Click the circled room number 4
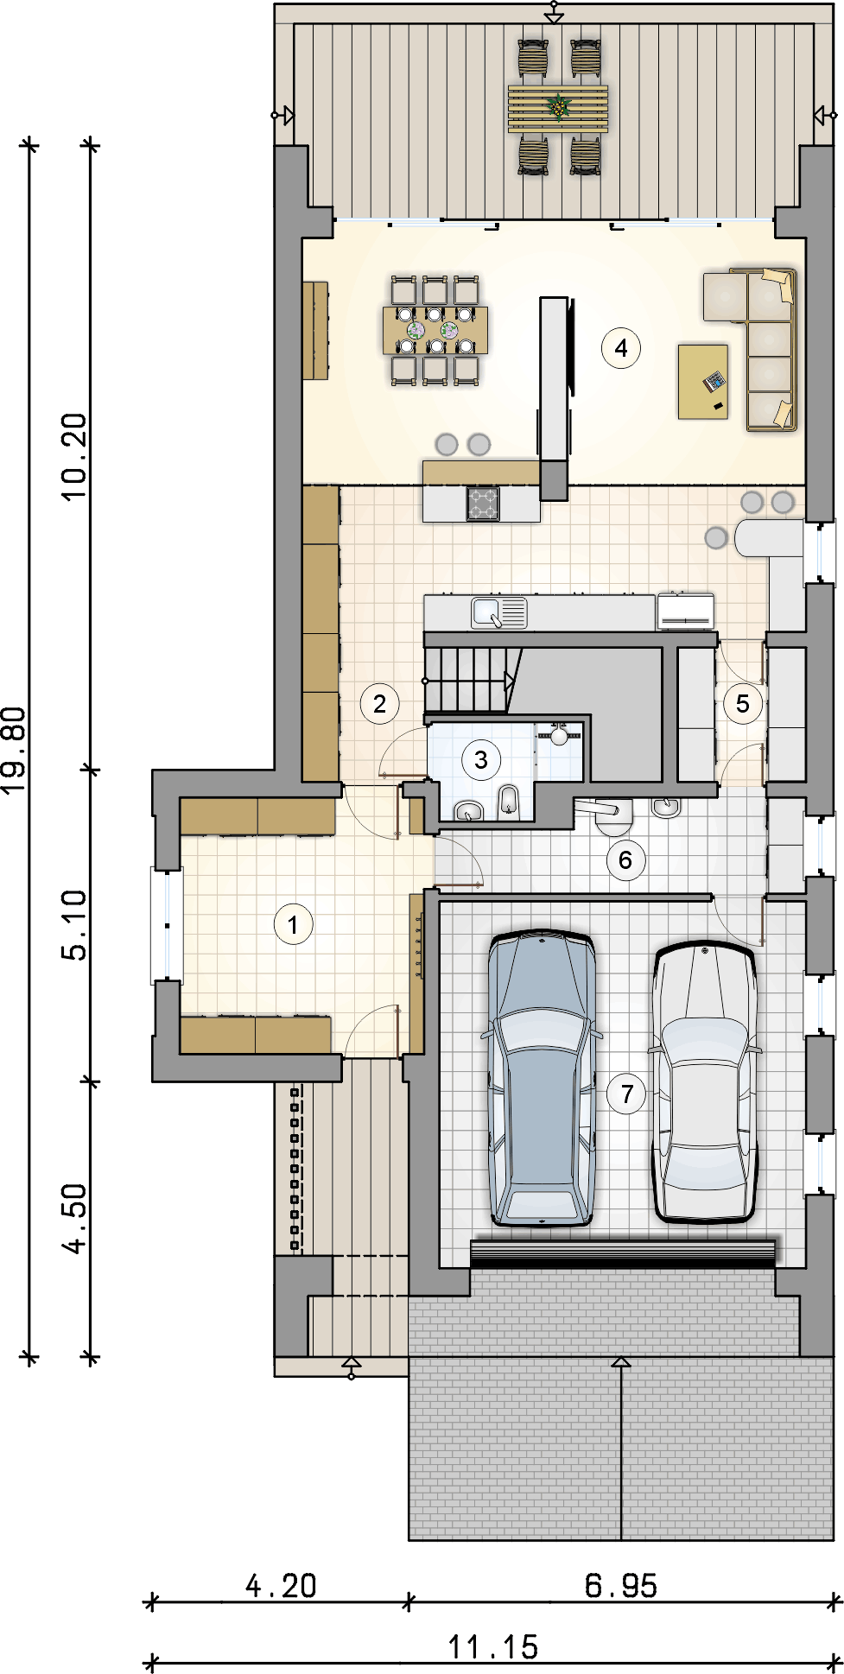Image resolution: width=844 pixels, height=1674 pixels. pyautogui.click(x=620, y=348)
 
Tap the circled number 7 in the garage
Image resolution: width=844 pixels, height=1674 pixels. pyautogui.click(x=627, y=1094)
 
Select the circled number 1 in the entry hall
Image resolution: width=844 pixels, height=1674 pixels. pyautogui.click(x=293, y=925)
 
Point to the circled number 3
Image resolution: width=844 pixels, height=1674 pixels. pyautogui.click(x=481, y=760)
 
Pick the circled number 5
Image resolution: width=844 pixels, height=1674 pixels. pyautogui.click(x=743, y=704)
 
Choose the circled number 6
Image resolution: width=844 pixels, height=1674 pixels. pyautogui.click(x=625, y=860)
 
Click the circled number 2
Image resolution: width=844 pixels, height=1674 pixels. pyautogui.click(x=379, y=704)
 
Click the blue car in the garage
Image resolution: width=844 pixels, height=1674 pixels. pyautogui.click(x=543, y=1078)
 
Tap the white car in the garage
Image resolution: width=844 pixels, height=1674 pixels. pyautogui.click(x=705, y=1082)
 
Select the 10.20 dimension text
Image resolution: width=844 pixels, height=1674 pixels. pyautogui.click(x=74, y=456)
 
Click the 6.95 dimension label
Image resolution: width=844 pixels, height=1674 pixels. pyautogui.click(x=621, y=1586)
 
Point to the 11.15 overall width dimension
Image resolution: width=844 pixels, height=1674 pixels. pyautogui.click(x=492, y=1647)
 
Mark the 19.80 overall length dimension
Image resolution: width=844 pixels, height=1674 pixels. pyautogui.click(x=13, y=751)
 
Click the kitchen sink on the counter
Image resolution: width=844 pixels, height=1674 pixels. pyautogui.click(x=498, y=612)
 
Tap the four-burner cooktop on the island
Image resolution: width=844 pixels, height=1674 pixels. pyautogui.click(x=483, y=504)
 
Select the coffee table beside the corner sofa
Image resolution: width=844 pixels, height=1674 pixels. pyautogui.click(x=703, y=382)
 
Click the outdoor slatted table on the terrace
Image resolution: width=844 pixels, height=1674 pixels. pyautogui.click(x=558, y=108)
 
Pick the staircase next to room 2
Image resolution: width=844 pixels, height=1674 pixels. pyautogui.click(x=470, y=681)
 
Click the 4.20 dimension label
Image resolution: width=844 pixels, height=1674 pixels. pyautogui.click(x=281, y=1586)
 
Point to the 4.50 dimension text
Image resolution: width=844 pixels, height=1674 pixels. pyautogui.click(x=74, y=1218)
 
